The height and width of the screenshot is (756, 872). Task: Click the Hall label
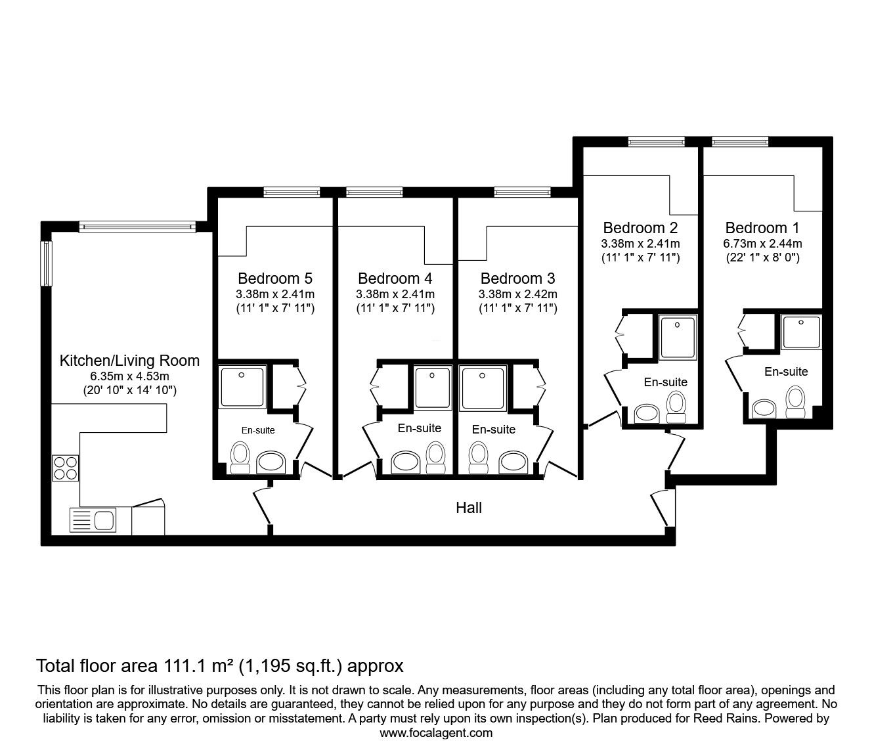point(469,508)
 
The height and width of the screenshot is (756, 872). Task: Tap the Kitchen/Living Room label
point(129,361)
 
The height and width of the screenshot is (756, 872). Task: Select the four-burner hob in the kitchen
point(66,468)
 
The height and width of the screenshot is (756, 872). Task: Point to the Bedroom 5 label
point(275,278)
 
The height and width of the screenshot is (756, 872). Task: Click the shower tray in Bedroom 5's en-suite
point(242,386)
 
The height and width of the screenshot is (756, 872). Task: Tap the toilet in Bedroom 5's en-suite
point(240,457)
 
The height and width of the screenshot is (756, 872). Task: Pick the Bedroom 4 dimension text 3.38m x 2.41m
point(395,294)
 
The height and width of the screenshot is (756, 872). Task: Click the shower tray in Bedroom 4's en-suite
point(433,386)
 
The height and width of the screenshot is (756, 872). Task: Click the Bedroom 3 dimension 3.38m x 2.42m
point(517,294)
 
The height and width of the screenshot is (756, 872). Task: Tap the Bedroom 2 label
point(640,228)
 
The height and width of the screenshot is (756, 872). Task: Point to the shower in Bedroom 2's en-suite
point(680,338)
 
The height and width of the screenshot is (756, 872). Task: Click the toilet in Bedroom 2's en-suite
point(676,407)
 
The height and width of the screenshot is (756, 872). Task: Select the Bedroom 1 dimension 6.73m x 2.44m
point(762,244)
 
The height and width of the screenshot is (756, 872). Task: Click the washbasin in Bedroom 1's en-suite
point(763,408)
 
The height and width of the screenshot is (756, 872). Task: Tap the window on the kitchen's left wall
point(47,263)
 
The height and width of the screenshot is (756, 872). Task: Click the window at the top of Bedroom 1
point(739,141)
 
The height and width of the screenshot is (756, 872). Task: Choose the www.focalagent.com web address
point(436,733)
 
